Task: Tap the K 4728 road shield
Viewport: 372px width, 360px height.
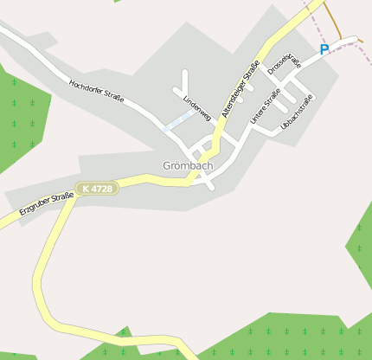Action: (x=96, y=189)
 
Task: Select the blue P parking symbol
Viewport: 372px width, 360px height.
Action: (x=324, y=50)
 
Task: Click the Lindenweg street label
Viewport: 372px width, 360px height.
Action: (x=197, y=106)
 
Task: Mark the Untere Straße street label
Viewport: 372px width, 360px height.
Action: (x=265, y=106)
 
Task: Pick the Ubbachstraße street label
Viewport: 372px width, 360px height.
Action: (x=297, y=112)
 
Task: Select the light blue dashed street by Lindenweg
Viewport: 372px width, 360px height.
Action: (x=177, y=120)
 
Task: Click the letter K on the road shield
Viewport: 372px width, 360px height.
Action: (x=84, y=189)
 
